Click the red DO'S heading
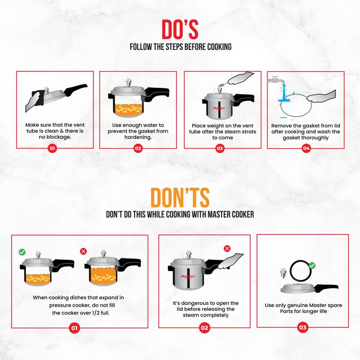coord(180,29)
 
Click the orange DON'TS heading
coord(180,197)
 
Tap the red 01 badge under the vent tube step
coord(52,148)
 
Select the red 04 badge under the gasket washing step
coord(306,148)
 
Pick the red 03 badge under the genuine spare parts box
coord(303,327)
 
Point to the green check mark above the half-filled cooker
coord(22,252)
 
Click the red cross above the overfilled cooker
coord(83,251)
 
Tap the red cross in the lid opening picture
coord(227,249)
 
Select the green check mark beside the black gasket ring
coord(312,266)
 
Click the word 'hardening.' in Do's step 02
coord(138,137)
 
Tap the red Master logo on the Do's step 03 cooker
coord(219,108)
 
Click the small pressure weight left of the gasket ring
coord(283,273)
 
